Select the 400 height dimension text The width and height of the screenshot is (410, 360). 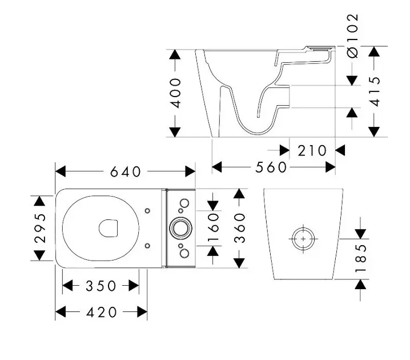[175, 93]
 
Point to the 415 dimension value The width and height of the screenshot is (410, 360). [375, 91]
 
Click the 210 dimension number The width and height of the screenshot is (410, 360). [312, 151]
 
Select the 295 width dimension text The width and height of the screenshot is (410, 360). [39, 228]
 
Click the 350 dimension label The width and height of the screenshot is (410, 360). [101, 286]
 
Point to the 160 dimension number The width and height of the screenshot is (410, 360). [213, 227]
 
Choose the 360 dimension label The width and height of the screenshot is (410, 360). [240, 227]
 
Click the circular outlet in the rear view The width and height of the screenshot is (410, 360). [302, 237]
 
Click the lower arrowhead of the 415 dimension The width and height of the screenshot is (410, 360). [375, 131]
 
